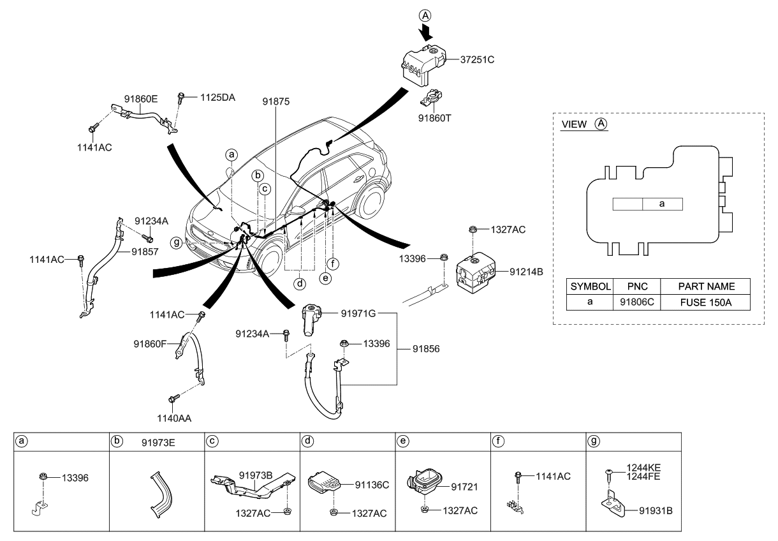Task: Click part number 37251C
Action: [x=478, y=60]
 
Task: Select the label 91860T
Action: [x=435, y=118]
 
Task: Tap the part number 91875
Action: [x=275, y=101]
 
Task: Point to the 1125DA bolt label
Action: [x=217, y=98]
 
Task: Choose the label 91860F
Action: [x=150, y=344]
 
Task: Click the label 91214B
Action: [x=526, y=272]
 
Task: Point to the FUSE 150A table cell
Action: [x=706, y=302]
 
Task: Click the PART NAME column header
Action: [x=706, y=286]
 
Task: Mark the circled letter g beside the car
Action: [x=175, y=242]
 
